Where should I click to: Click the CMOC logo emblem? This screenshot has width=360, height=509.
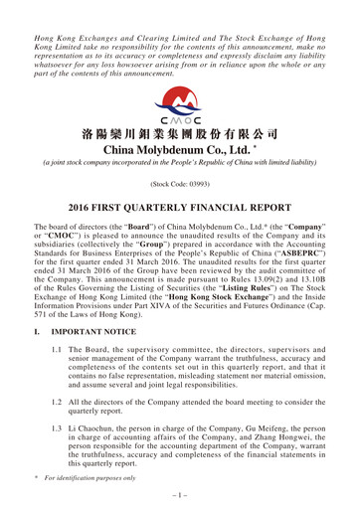[179, 101]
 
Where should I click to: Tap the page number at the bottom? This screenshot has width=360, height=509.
[179, 493]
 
